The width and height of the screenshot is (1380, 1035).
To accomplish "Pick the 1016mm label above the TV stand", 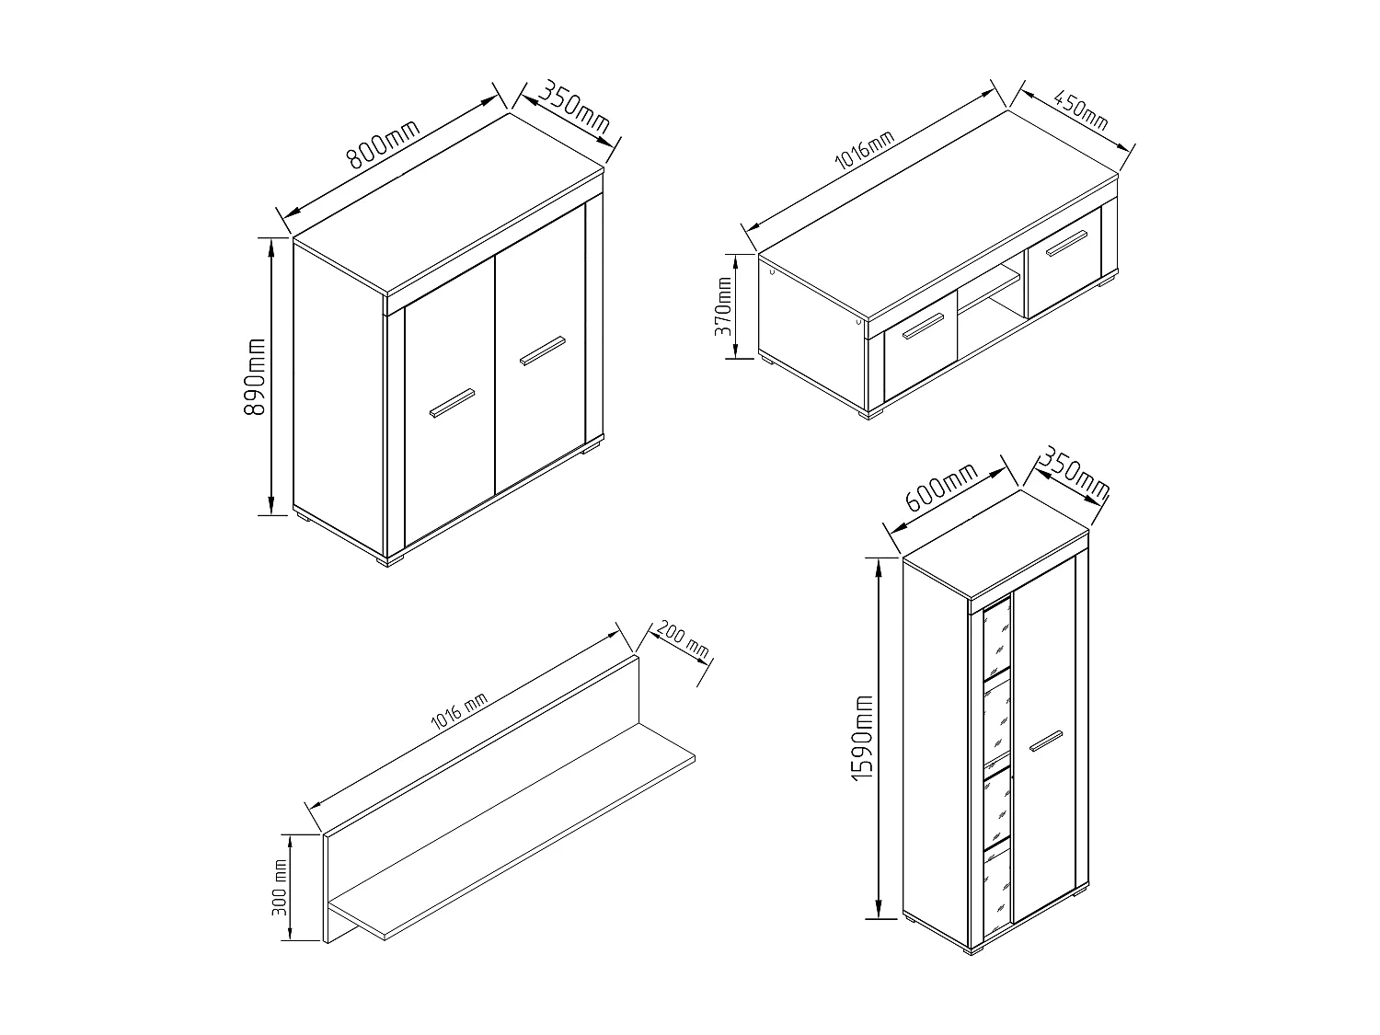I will point(864,152).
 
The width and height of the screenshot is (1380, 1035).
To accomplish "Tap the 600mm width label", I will point(941,488).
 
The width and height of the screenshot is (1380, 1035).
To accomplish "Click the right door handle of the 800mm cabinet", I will point(542,351).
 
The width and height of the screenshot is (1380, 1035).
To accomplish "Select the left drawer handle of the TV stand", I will point(922,327).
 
